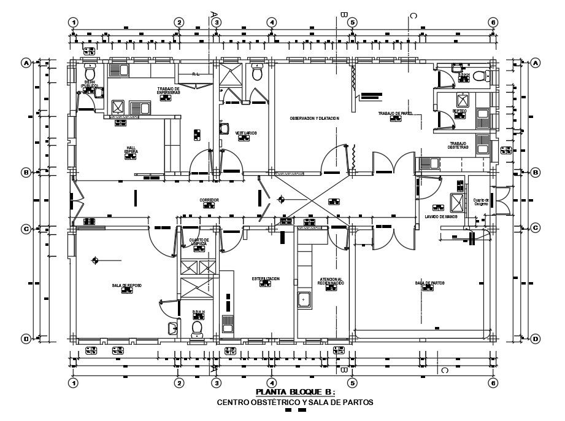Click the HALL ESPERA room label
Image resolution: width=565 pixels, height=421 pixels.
tap(131, 149)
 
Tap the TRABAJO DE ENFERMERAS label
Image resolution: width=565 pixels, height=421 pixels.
tap(168, 90)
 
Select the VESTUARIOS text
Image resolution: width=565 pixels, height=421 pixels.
tap(245, 133)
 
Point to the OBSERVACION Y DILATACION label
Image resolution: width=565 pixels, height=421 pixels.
tap(314, 118)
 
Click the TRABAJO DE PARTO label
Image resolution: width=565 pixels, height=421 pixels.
tap(395, 113)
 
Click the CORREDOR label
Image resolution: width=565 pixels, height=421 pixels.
tap(209, 200)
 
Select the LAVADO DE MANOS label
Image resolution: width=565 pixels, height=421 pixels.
tap(441, 216)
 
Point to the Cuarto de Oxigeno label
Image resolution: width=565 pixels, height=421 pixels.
tap(481, 201)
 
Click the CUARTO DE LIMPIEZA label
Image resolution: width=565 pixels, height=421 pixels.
tap(199, 242)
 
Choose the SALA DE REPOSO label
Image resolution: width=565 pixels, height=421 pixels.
tap(126, 286)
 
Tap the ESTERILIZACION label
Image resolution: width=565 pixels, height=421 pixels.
tap(265, 278)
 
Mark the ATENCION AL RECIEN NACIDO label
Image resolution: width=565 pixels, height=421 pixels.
tap(331, 281)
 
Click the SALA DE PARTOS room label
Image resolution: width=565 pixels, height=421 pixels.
tap(429, 283)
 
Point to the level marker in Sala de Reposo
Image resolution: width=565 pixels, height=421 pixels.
tap(94, 261)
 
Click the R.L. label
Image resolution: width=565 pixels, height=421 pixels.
tap(196, 74)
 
